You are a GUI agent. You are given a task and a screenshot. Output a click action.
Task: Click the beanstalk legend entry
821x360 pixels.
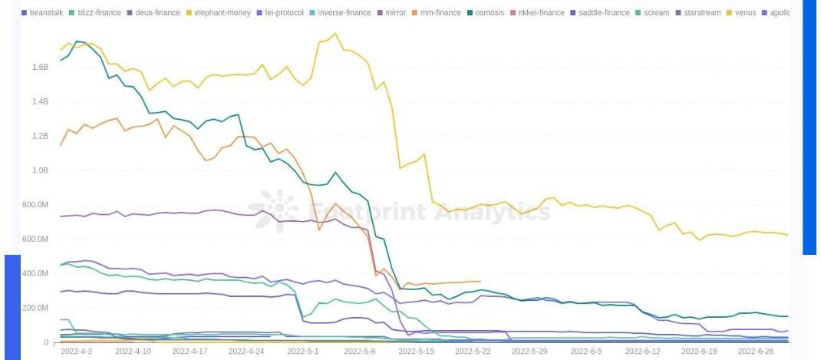click(46, 13)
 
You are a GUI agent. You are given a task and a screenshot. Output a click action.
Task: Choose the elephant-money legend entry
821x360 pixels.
click(219, 13)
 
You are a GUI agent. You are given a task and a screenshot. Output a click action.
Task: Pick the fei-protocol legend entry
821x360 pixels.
click(284, 13)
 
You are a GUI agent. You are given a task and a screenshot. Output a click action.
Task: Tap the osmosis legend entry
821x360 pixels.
click(490, 13)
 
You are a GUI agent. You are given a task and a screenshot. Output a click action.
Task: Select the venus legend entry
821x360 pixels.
click(745, 13)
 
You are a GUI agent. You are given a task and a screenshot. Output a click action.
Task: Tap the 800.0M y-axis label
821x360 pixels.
click(35, 205)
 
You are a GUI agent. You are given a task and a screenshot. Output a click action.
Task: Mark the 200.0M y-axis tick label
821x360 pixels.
click(35, 308)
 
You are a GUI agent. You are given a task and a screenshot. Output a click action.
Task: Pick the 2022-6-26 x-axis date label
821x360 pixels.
click(755, 351)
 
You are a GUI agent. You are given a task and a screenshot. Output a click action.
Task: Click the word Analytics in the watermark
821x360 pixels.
click(492, 211)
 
